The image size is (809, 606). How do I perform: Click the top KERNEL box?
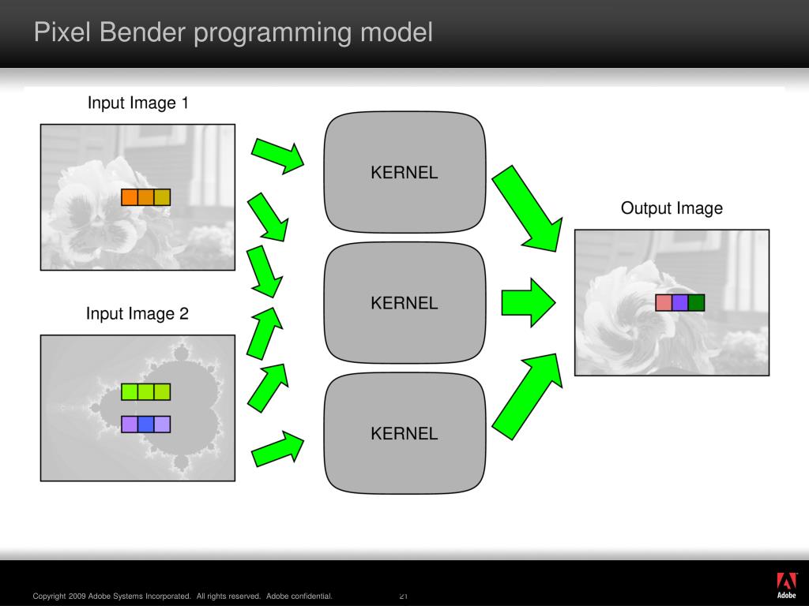coord(404,173)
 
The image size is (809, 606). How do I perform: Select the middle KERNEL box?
coord(404,303)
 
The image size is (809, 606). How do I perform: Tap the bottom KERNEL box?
coord(404,433)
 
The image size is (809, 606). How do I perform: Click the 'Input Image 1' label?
coord(137,103)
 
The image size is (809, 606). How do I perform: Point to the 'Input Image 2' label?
coord(137,314)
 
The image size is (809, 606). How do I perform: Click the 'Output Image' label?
coord(672,208)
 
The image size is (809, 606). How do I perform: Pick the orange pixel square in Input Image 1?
coord(130,197)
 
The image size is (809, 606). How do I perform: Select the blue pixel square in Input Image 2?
coord(146,425)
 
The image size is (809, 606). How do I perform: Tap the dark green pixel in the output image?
coord(696,302)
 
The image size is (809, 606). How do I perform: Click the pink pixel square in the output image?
coord(664,302)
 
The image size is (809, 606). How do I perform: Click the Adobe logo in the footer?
coord(786,585)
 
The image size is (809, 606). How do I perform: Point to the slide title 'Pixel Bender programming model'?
coord(233,33)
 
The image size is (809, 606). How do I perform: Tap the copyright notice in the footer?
coord(182,596)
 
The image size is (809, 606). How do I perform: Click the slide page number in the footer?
coord(403,596)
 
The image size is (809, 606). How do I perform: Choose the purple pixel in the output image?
coord(680,302)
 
